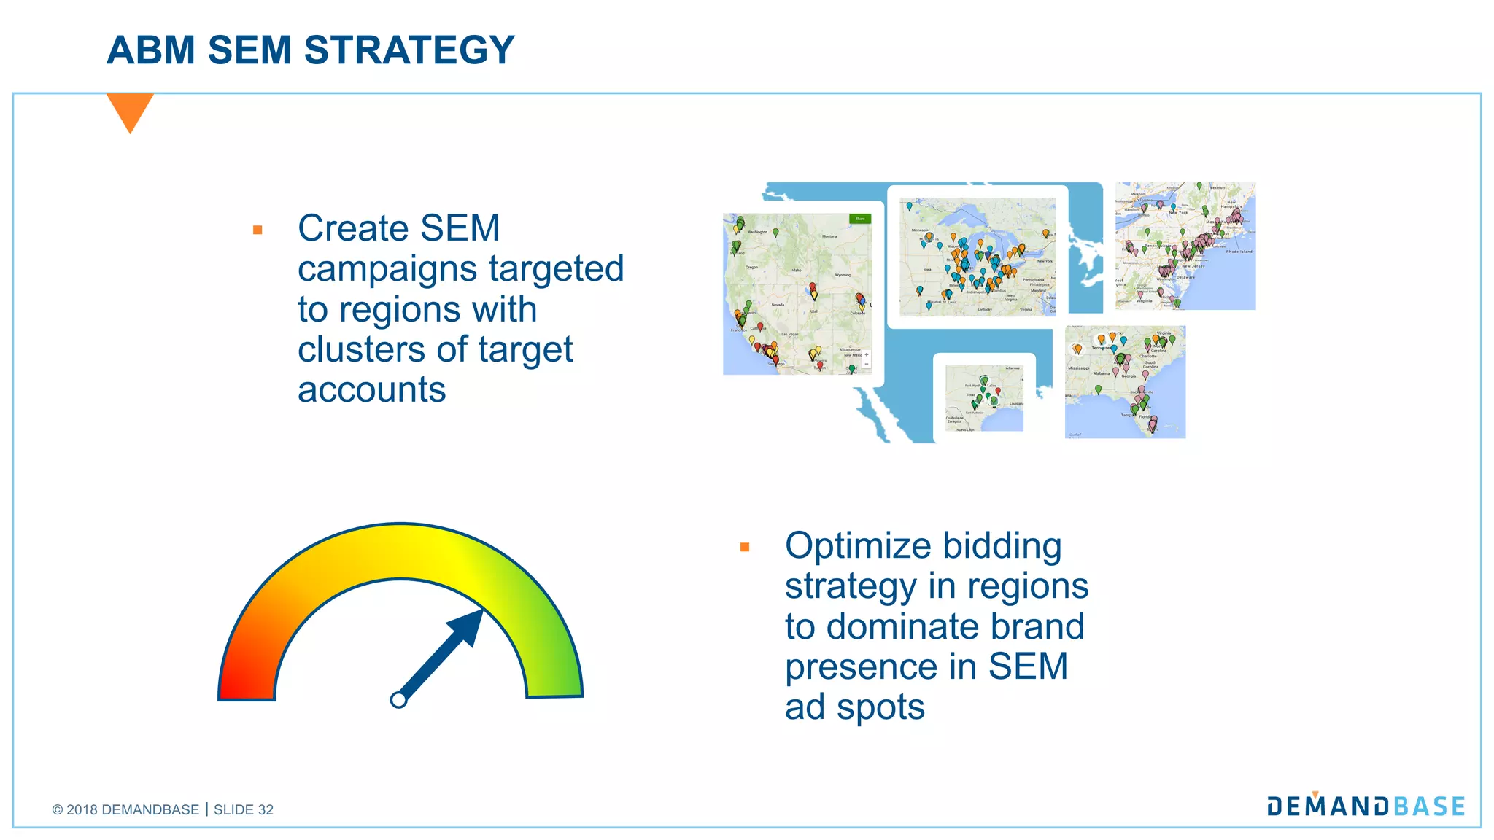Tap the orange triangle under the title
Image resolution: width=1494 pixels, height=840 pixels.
[x=130, y=110]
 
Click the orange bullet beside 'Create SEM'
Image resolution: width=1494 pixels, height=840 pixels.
[x=258, y=230]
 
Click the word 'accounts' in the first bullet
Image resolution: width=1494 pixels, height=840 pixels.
[x=371, y=390]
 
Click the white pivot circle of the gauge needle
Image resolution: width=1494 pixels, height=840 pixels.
[x=398, y=700]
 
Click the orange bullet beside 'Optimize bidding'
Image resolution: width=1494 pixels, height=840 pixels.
[x=745, y=547]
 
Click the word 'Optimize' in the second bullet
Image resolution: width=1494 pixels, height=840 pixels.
[x=858, y=546]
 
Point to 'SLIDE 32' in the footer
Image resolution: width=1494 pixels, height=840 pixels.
[x=244, y=809]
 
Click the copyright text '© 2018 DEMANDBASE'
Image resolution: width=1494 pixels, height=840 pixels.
[x=125, y=809]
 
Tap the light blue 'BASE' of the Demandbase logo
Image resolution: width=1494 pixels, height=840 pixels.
[x=1429, y=806]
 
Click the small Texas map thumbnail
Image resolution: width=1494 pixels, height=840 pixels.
[x=984, y=398]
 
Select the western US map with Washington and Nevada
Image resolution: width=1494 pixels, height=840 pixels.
[x=797, y=294]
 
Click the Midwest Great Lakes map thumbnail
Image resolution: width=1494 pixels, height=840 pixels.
[x=978, y=257]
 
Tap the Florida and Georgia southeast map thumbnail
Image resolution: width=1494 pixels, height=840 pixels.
[x=1125, y=382]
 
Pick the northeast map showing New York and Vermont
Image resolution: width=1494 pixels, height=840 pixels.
[x=1185, y=246]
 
